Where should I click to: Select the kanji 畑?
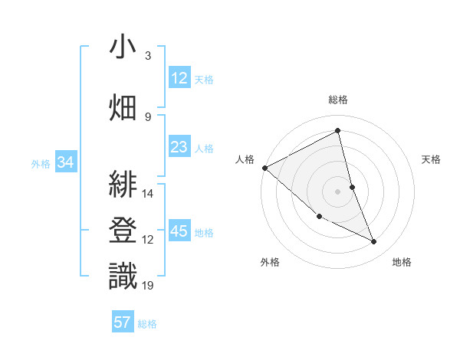[123, 107]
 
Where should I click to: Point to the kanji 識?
[123, 276]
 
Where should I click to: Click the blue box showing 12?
[179, 78]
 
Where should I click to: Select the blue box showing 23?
[179, 147]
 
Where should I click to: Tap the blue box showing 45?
[179, 232]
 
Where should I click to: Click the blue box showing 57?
[123, 322]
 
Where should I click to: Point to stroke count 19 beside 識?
[149, 286]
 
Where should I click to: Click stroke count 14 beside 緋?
[149, 193]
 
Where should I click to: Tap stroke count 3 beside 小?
[148, 56]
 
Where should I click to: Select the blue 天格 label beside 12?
[204, 79]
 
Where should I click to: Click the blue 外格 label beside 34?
[41, 163]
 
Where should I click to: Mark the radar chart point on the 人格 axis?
[264, 168]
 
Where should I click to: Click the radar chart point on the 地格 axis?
[374, 242]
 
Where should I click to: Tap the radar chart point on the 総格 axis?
[337, 130]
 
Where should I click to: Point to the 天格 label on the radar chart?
[432, 159]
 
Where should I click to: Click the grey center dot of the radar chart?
[337, 191]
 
